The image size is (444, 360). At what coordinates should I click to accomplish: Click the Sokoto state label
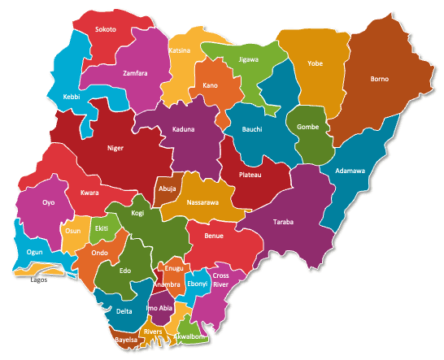click(106, 29)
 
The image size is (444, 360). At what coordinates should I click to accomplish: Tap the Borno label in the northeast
click(379, 79)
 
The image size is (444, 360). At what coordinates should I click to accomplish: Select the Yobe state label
click(315, 63)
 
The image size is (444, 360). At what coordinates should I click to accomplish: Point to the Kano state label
click(210, 85)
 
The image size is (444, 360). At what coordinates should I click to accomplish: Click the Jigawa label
click(238, 59)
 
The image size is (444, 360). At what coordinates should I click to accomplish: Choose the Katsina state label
click(180, 50)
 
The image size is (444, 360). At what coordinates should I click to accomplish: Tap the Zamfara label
click(135, 73)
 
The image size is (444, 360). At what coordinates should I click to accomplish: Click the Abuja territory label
click(168, 188)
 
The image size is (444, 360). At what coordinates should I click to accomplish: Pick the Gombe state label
click(308, 128)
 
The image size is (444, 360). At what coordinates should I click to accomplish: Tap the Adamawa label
click(350, 171)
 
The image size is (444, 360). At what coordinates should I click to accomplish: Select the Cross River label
click(221, 280)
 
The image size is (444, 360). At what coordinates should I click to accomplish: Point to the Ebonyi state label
click(198, 283)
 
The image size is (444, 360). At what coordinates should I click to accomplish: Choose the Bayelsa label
click(127, 338)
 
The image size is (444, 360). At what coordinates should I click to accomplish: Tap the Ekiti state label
click(101, 229)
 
